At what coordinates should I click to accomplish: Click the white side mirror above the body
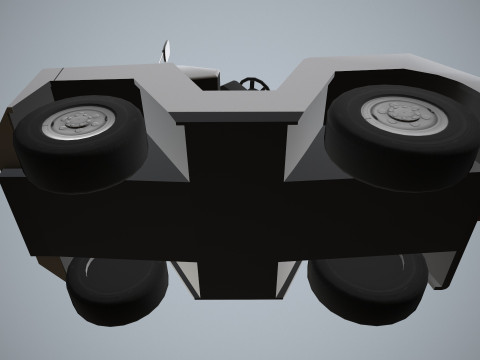[x=167, y=50]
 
